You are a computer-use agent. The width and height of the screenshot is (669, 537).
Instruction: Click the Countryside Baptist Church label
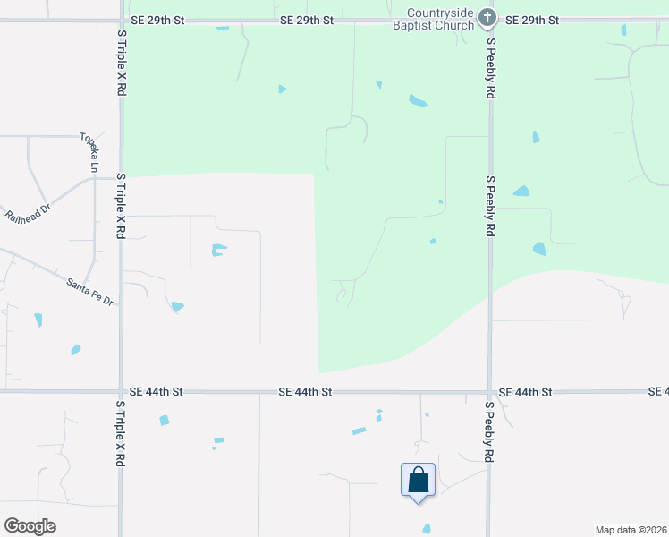pyautogui.click(x=441, y=20)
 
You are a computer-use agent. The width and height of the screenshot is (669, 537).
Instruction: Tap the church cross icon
pyautogui.click(x=487, y=17)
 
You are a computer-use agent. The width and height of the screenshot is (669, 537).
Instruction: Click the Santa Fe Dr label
pyautogui.click(x=90, y=292)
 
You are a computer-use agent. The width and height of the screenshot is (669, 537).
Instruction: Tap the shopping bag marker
pyautogui.click(x=418, y=481)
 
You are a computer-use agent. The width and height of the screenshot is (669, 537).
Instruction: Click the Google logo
pyautogui.click(x=30, y=526)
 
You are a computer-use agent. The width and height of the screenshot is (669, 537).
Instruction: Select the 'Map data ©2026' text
pyautogui.click(x=631, y=529)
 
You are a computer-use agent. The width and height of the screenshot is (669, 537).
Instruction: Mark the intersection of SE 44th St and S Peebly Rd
pyautogui.click(x=489, y=392)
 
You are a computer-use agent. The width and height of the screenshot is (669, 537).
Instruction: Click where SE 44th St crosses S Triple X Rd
pyautogui.click(x=121, y=392)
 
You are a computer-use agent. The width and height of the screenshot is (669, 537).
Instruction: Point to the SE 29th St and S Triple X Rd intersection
pyautogui.click(x=121, y=20)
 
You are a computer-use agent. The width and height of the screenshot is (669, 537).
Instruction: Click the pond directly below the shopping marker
pyautogui.click(x=426, y=529)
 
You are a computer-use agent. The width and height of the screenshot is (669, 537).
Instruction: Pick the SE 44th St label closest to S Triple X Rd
pyautogui.click(x=155, y=392)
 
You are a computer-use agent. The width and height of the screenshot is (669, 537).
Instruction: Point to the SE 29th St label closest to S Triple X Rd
pyautogui.click(x=156, y=20)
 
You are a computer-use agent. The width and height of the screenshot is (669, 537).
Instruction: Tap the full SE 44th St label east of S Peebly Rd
pyautogui.click(x=525, y=392)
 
